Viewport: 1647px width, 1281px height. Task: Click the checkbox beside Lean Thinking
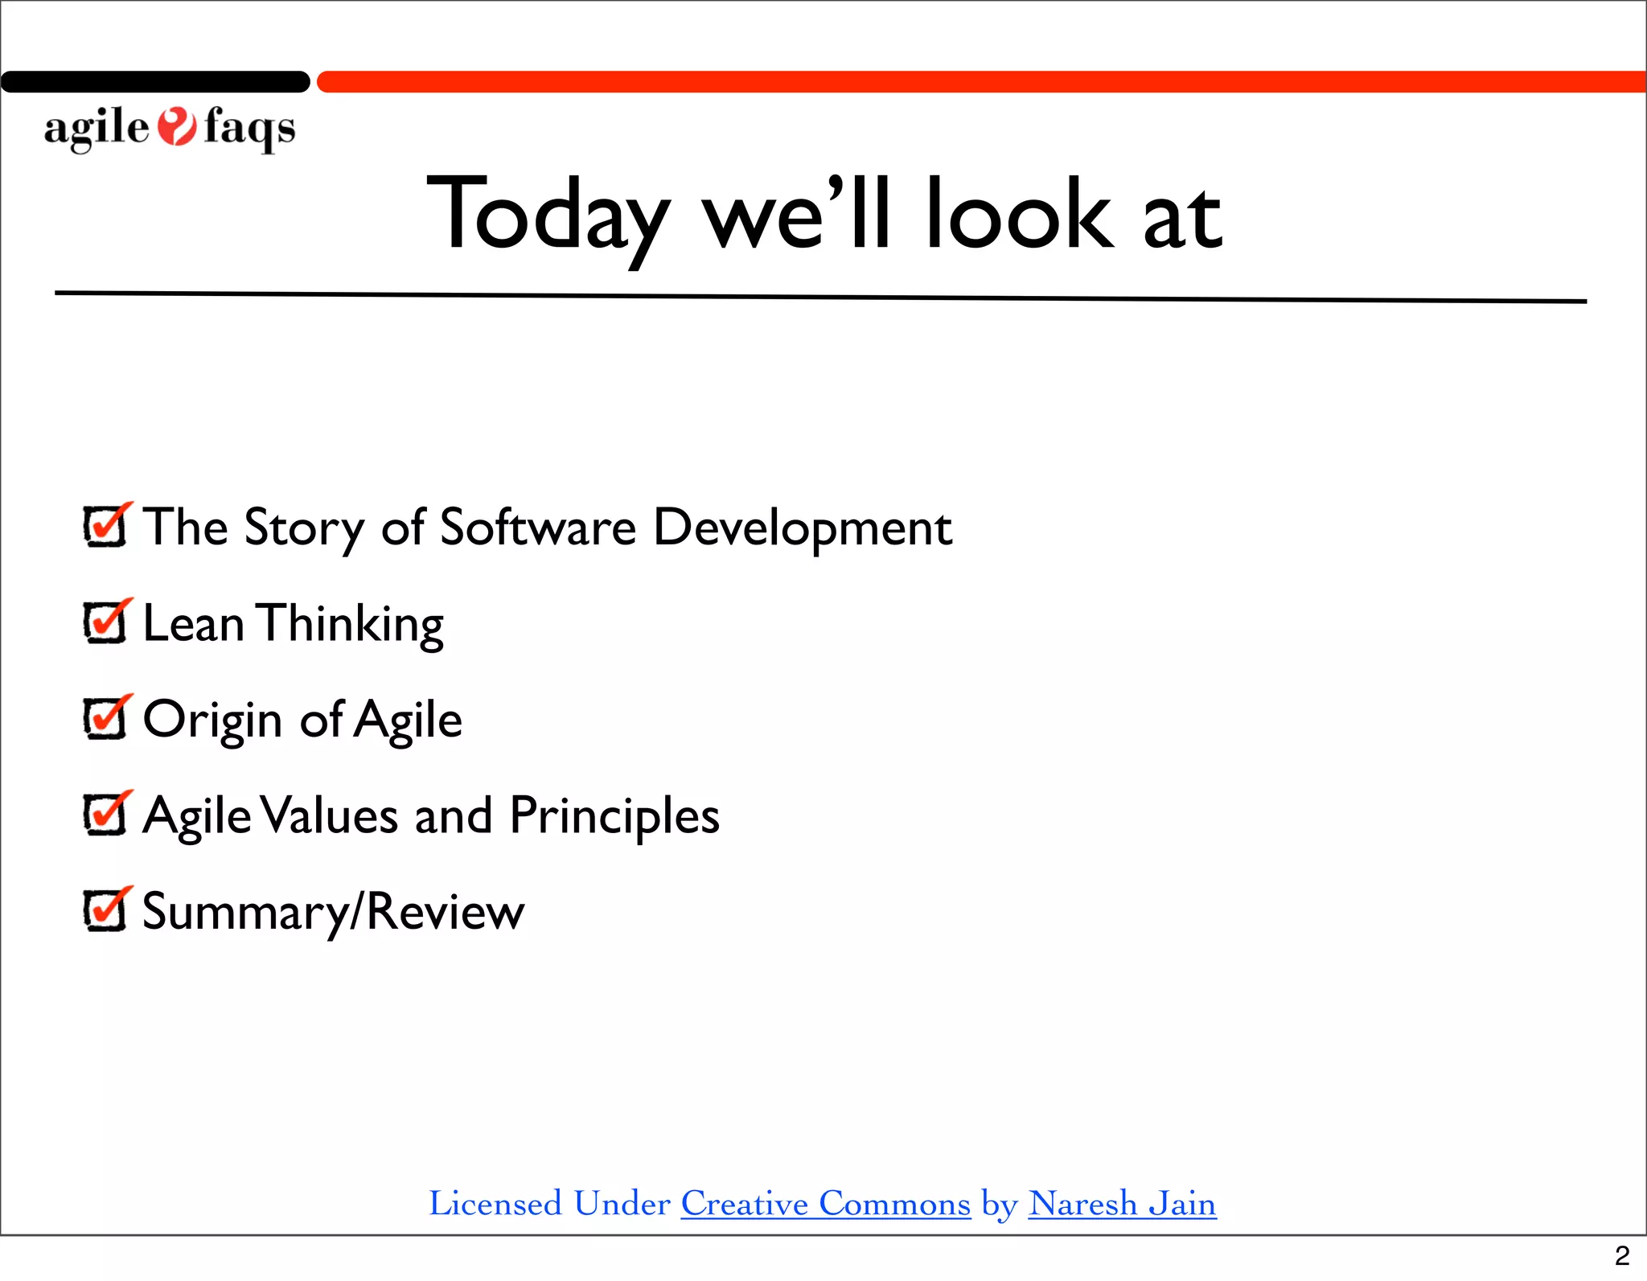[105, 623]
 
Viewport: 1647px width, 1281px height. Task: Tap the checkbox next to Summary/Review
[105, 911]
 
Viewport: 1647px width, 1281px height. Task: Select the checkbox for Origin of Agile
[105, 719]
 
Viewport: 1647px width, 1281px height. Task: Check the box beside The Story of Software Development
[105, 528]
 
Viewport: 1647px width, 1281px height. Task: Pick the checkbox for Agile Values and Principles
[105, 815]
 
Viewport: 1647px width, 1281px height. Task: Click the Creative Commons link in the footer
[826, 1204]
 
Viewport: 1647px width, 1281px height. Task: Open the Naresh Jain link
[1122, 1204]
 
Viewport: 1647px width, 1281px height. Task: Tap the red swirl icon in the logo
[176, 127]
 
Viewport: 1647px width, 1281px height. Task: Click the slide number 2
[1622, 1255]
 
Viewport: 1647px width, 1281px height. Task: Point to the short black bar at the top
[155, 81]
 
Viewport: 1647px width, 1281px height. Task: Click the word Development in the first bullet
[802, 528]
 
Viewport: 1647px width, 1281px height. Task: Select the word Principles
[614, 817]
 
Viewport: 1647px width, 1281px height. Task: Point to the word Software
[538, 528]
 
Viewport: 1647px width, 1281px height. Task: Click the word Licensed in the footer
[495, 1204]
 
